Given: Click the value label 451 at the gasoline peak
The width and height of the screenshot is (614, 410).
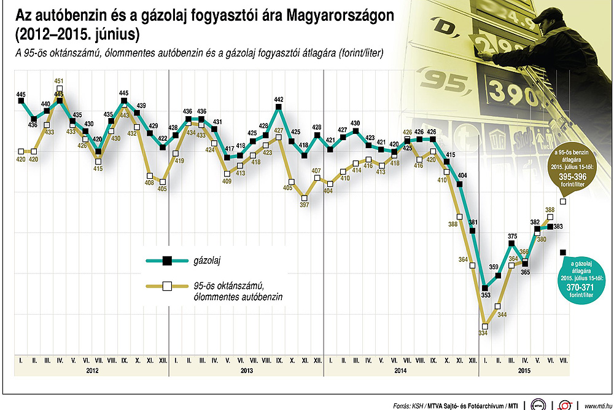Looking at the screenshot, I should pos(60,81).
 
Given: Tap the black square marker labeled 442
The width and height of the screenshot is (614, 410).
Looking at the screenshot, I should pos(279,108).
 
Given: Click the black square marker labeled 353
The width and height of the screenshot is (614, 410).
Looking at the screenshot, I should pos(485,288).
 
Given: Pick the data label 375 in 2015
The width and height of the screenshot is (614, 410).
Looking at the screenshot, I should pos(512,236).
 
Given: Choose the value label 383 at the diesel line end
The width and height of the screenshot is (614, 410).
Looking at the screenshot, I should pos(559,227).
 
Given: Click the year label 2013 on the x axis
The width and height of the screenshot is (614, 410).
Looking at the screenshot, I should pos(246,371).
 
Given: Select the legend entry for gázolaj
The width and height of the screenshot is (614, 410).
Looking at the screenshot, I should pos(208,261).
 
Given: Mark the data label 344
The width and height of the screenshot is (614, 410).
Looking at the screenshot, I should pos(502,315).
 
